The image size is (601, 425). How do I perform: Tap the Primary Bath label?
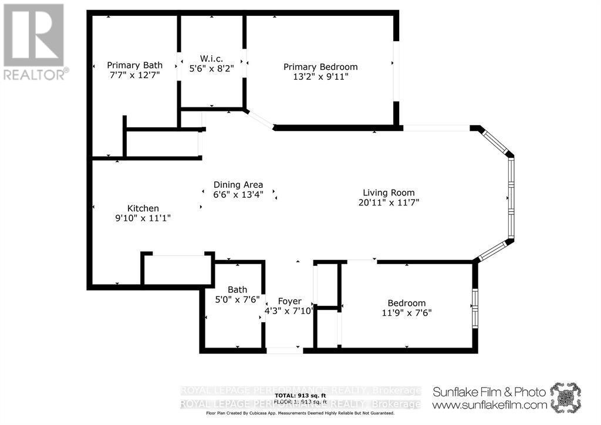[134, 65]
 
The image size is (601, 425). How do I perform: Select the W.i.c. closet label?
[211, 58]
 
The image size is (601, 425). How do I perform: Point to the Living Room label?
[389, 193]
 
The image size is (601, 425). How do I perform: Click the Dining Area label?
[238, 184]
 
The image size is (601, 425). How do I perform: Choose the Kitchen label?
[143, 208]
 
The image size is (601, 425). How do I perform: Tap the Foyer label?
[290, 301]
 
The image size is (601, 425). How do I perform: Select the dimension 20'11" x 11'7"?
[389, 203]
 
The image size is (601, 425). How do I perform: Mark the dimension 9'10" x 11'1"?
[143, 218]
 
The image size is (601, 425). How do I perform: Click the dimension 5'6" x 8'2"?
[211, 69]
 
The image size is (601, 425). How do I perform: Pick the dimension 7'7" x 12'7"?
[134, 75]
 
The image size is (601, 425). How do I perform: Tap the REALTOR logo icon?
[33, 35]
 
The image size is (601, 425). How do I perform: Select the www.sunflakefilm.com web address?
[489, 404]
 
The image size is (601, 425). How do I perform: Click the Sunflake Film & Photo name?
[489, 392]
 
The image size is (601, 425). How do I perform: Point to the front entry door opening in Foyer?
[285, 350]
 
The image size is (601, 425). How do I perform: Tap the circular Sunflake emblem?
[565, 397]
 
